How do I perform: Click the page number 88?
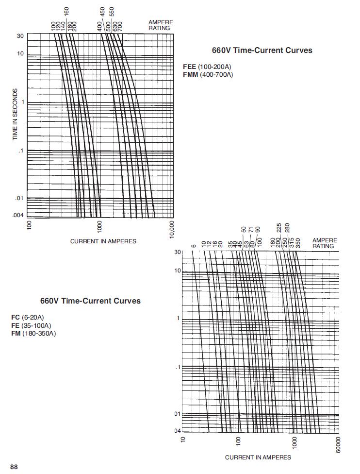pos(14,467)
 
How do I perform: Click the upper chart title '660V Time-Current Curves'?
pos(262,50)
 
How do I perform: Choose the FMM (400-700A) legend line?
pos(208,75)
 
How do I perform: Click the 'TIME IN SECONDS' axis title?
pos(15,115)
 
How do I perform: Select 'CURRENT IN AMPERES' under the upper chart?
pos(103,241)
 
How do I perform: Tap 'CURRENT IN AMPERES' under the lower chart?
pos(258,457)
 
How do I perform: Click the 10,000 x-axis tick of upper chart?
pos(172,228)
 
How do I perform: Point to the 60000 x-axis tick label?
pos(338,445)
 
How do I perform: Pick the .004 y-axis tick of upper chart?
pos(18,215)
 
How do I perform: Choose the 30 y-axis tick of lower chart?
pos(177,253)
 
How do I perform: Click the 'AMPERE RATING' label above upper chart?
pos(160,25)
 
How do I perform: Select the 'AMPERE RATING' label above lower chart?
pos(324,243)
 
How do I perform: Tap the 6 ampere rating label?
pos(193,246)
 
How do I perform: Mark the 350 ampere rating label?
pos(298,242)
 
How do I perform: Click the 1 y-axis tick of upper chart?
pos(22,102)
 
